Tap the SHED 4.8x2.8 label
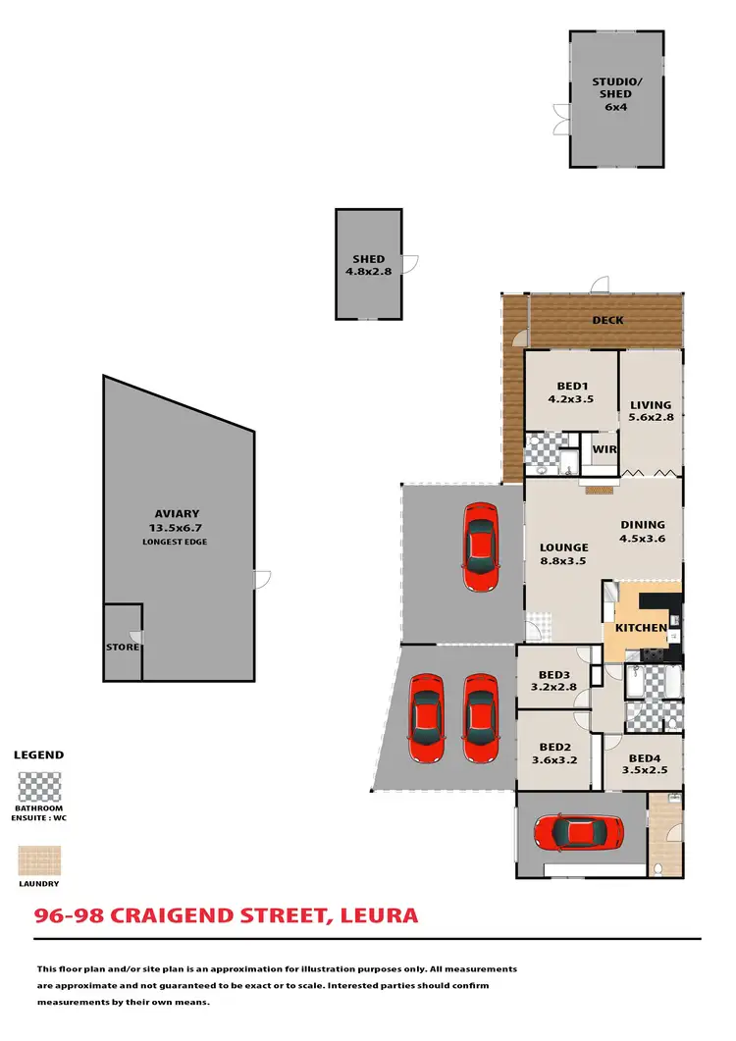368,265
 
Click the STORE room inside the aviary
123,648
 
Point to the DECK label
607,320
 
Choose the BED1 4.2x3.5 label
570,392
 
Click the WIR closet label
605,449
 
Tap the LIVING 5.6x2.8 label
651,410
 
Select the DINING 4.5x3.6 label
642,531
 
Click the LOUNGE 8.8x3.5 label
564,554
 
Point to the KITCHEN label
641,628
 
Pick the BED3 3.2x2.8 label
554,680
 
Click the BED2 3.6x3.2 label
554,753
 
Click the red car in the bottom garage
579,834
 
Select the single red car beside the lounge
479,547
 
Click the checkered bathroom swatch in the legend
39,788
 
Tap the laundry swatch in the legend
39,861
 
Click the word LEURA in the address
379,916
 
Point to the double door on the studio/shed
561,121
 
